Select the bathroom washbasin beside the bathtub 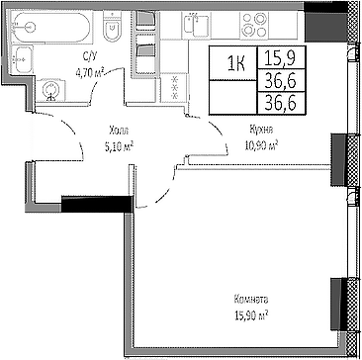(27, 58)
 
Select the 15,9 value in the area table (278, 58)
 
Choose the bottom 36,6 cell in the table (278, 101)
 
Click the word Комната (251, 299)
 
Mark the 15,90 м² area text (251, 314)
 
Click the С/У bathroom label (88, 58)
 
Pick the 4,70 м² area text (90, 71)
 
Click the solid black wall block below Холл (95, 205)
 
